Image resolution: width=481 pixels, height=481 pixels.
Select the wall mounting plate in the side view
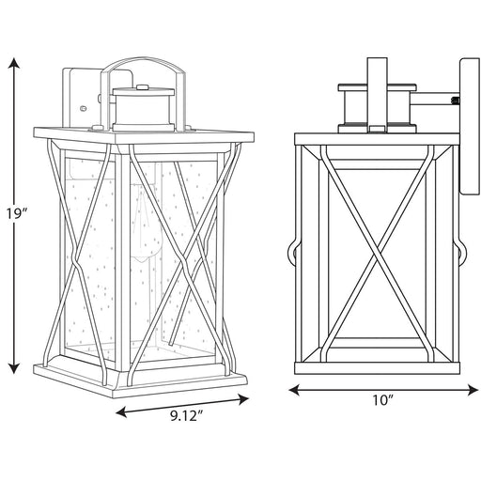466,127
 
